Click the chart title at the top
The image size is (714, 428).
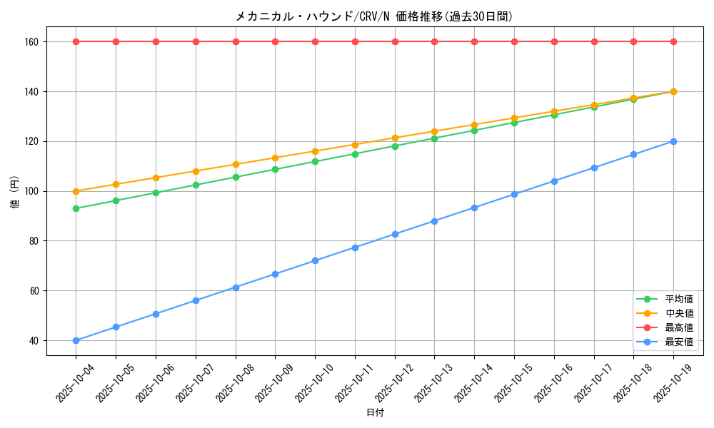tap(374, 16)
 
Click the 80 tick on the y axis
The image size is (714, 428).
tap(34, 241)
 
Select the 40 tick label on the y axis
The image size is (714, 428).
tap(34, 341)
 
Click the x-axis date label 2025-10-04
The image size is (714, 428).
tap(75, 383)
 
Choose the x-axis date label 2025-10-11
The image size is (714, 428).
tap(354, 383)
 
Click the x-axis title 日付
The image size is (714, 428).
tap(374, 413)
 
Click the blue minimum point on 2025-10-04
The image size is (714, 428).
tap(76, 340)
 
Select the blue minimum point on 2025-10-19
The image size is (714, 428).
tap(673, 141)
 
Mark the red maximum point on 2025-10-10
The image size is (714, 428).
tap(315, 41)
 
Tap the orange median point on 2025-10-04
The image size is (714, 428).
tap(76, 191)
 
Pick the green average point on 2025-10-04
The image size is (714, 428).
tap(76, 208)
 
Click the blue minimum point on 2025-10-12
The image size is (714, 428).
tap(395, 234)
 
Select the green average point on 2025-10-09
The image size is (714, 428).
tap(275, 169)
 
